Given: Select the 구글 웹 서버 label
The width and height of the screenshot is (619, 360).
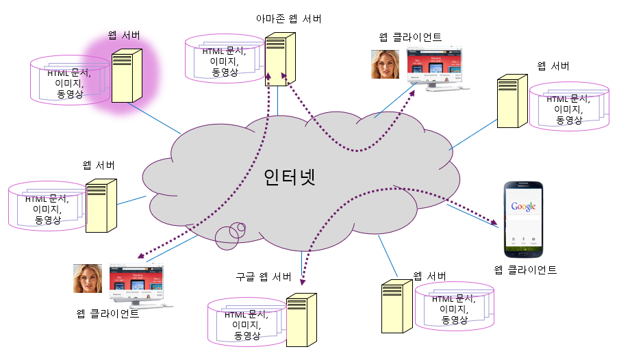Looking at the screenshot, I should point(264,277).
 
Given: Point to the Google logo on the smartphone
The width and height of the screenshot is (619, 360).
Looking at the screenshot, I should point(522,206).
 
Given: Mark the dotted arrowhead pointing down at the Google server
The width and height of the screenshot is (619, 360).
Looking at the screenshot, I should point(302,280).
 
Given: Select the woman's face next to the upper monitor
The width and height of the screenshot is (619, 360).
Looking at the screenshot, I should point(385,65).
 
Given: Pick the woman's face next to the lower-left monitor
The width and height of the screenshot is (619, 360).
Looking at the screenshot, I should point(88,279).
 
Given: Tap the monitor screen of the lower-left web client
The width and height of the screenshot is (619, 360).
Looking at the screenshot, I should point(137,281).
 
